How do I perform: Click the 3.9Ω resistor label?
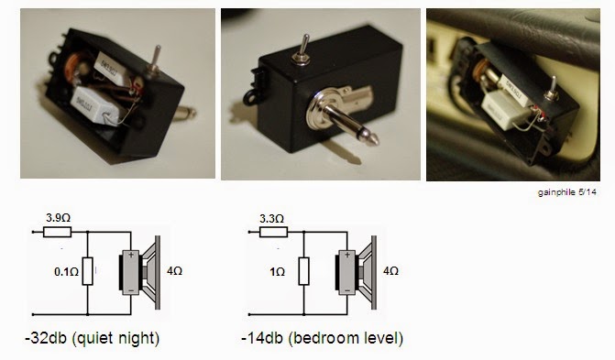[x=58, y=218]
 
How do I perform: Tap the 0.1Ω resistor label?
[x=66, y=272]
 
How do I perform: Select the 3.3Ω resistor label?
[x=271, y=219]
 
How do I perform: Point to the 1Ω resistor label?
[x=278, y=272]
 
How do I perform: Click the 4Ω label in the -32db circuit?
[x=174, y=271]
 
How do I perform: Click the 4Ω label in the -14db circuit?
[x=390, y=271]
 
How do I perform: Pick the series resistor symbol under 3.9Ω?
[x=57, y=232]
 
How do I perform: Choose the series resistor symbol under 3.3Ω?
[x=273, y=232]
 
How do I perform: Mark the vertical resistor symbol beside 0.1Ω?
[x=87, y=271]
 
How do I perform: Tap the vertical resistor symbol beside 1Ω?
[x=303, y=271]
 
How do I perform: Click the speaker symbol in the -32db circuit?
[x=140, y=273]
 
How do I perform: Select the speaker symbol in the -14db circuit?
[x=357, y=273]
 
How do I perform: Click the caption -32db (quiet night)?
[x=93, y=338]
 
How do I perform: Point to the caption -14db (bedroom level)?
[x=322, y=338]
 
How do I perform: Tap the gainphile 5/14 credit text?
[x=566, y=192]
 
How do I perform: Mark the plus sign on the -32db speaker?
[x=131, y=254]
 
